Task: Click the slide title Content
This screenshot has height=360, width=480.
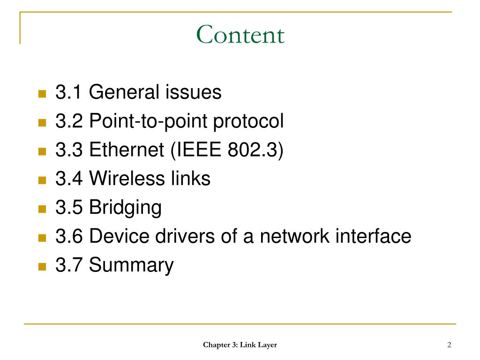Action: [240, 35]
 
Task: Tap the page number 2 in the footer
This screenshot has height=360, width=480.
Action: [449, 345]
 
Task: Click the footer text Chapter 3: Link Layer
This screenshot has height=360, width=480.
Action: [240, 345]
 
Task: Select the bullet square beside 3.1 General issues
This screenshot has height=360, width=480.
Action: [42, 94]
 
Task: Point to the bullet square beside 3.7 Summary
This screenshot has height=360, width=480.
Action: [42, 267]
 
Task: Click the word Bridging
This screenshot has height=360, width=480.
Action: [125, 208]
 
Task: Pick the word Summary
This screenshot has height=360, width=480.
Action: [131, 266]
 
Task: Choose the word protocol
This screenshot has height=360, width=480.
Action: [249, 122]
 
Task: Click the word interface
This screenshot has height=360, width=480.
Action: [373, 236]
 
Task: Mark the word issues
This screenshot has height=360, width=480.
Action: [193, 92]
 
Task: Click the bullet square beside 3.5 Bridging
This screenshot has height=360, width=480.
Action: [42, 209]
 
